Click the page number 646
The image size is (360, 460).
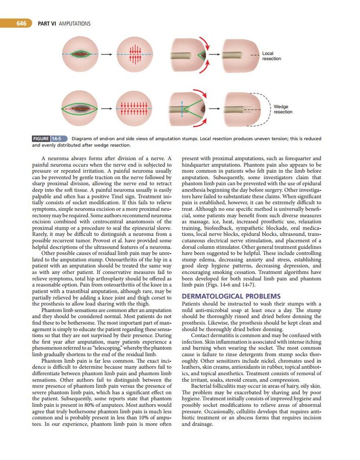pos(21,23)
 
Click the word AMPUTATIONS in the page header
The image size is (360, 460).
pos(74,23)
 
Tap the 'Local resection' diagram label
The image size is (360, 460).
pos(271,56)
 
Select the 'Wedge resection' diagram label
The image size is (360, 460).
pos(283,109)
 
